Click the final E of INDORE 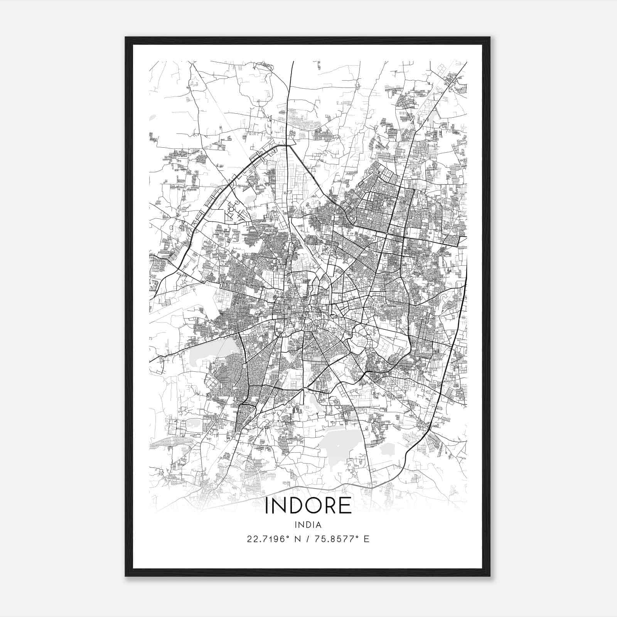pos(346,506)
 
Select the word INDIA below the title pos(308,525)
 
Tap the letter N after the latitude pos(297,539)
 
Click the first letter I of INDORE pos(267,506)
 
